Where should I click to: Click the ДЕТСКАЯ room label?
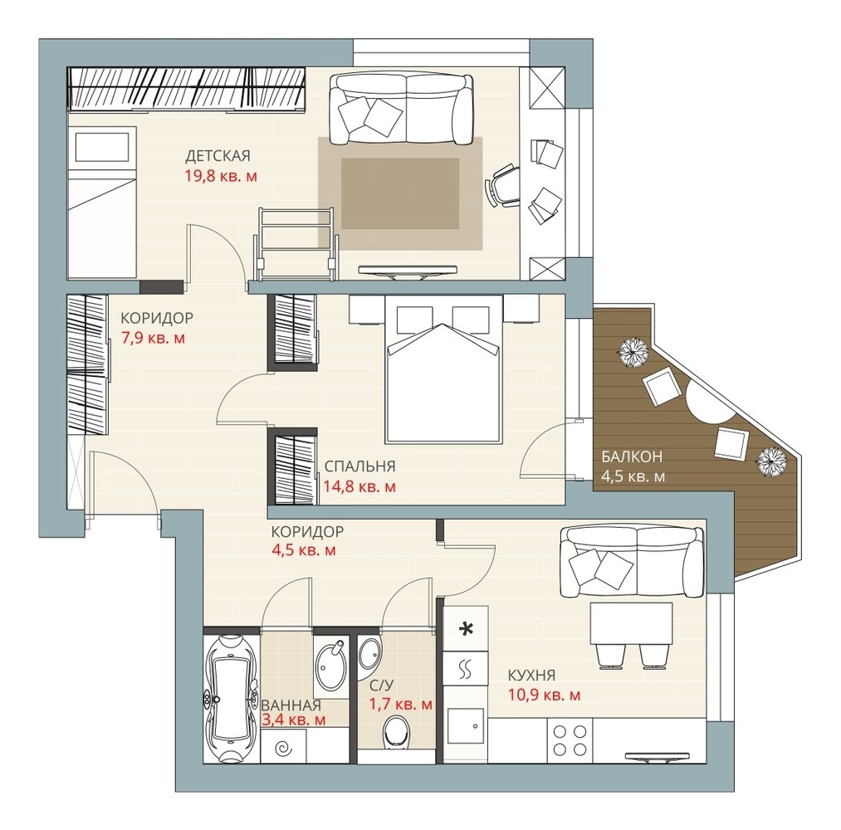pyautogui.click(x=218, y=156)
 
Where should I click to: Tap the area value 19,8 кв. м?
pyautogui.click(x=221, y=177)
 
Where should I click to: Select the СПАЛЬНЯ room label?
pyautogui.click(x=359, y=466)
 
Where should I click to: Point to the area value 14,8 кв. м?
pyautogui.click(x=359, y=487)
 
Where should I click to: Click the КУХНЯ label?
pyautogui.click(x=531, y=675)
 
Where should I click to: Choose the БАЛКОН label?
pyautogui.click(x=631, y=456)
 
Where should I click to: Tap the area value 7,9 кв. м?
pyautogui.click(x=153, y=339)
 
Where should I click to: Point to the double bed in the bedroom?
pyautogui.click(x=443, y=369)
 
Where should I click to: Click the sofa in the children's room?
pyautogui.click(x=401, y=110)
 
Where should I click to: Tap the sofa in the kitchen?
pyautogui.click(x=631, y=562)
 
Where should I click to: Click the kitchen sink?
pyautogui.click(x=466, y=726)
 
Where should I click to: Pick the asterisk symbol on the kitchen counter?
pyautogui.click(x=467, y=628)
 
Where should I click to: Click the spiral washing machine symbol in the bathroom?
pyautogui.click(x=282, y=748)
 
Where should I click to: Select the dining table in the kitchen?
pyautogui.click(x=631, y=623)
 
